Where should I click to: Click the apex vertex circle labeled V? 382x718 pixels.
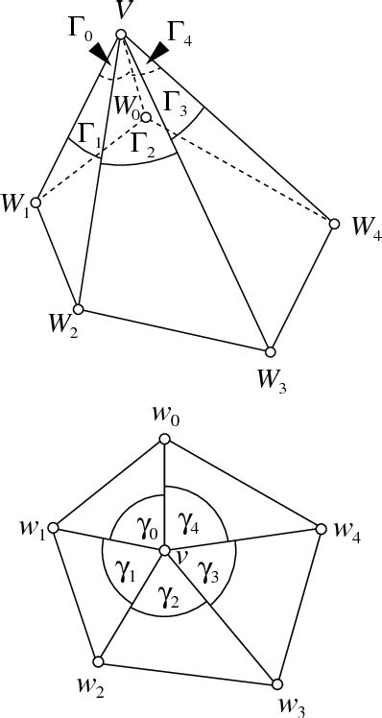pos(121,36)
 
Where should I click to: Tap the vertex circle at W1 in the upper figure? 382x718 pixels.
pos(36,203)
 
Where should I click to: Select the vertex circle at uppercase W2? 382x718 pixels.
pos(79,309)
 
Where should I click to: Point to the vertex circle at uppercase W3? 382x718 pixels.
pos(271,351)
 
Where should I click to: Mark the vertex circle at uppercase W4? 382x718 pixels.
pos(335,224)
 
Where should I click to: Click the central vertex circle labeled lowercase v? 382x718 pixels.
pos(165,551)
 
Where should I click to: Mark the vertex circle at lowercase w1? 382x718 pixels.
pos(54,529)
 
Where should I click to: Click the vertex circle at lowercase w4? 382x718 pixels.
pos(320,529)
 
